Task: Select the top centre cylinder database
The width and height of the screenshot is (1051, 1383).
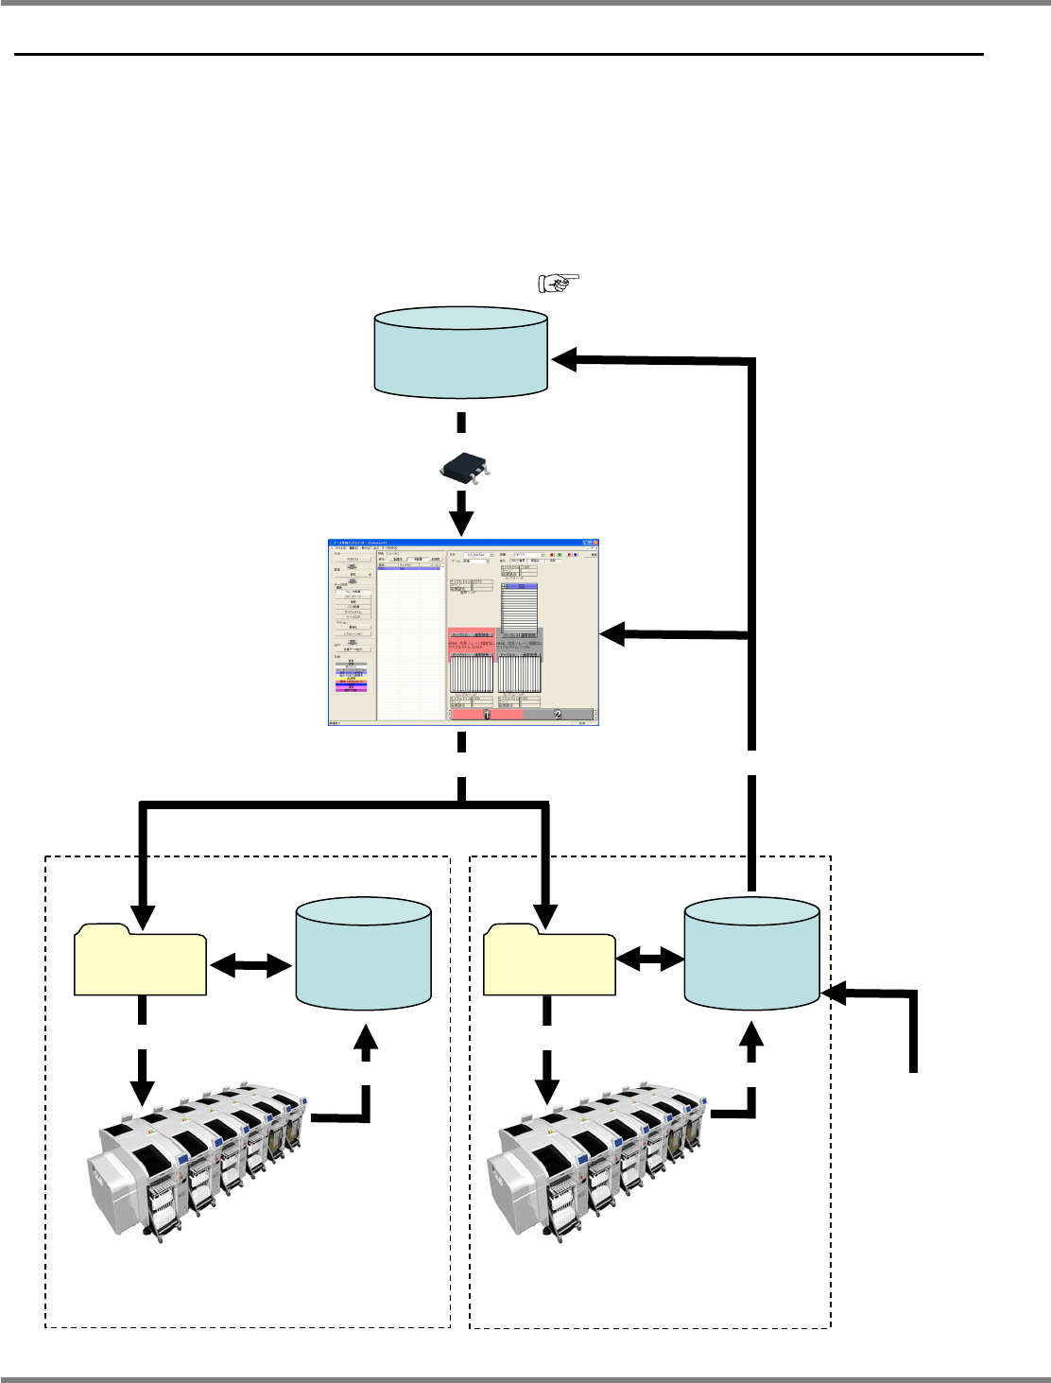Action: tap(461, 352)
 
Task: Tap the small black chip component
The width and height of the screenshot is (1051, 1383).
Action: tap(461, 467)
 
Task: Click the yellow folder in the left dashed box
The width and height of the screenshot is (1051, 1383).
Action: tap(141, 960)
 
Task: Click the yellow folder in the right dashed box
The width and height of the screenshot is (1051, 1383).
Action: tap(549, 960)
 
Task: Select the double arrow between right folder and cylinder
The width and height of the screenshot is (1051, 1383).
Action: tap(650, 959)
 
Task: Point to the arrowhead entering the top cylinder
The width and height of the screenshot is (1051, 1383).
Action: tap(564, 358)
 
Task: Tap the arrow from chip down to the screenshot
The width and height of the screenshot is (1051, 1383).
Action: tap(461, 515)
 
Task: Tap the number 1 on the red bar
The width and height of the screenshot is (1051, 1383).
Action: tap(486, 714)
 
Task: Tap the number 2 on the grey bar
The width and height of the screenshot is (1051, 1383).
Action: tap(558, 714)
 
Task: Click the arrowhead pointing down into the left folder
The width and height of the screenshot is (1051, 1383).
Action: tap(142, 915)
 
